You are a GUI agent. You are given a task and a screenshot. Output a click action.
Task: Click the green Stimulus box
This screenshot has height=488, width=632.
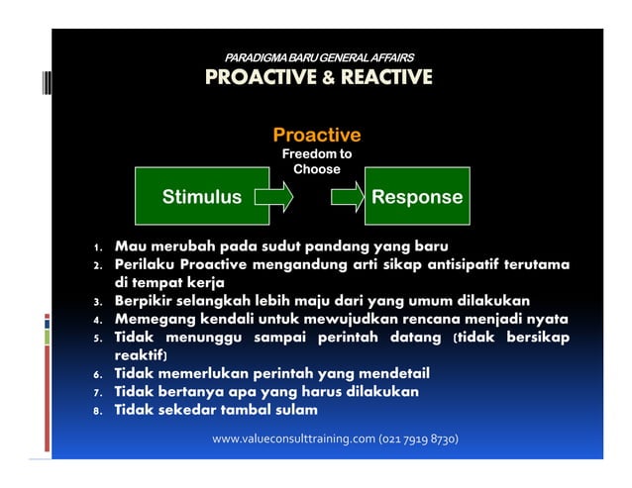[202, 197]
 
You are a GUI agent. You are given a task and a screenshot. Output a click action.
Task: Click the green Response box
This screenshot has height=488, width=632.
[416, 197]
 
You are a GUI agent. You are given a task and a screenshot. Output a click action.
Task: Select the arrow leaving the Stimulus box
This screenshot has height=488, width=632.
[275, 197]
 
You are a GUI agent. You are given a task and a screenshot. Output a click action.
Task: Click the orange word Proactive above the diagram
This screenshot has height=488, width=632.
[316, 135]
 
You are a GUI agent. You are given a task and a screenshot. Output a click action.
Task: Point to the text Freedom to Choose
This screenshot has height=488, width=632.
[316, 161]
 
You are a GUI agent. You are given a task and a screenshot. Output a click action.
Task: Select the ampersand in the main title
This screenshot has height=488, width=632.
[328, 77]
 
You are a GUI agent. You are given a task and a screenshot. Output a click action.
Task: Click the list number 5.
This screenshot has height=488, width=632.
[98, 340]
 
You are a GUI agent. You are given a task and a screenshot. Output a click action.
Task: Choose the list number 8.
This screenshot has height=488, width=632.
[98, 411]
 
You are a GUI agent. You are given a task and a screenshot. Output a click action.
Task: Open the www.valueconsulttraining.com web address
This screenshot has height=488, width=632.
[293, 439]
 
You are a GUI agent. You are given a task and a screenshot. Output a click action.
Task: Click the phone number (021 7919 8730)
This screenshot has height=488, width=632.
[418, 439]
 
